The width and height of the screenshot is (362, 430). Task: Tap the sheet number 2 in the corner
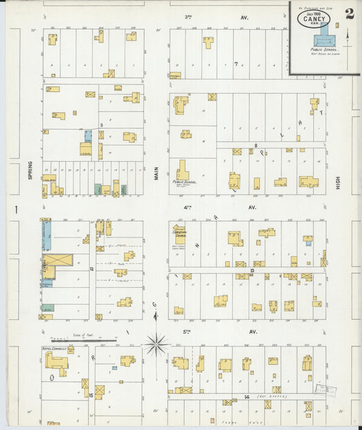click(x=348, y=13)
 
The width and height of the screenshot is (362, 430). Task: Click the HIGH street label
click(x=338, y=179)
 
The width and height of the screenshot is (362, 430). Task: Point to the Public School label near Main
click(x=183, y=182)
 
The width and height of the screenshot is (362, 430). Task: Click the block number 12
click(x=90, y=269)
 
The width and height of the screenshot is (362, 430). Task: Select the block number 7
click(x=236, y=65)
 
